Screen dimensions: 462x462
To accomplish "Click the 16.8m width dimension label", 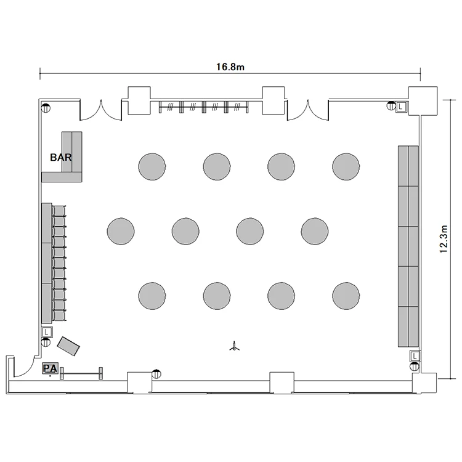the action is (x=230, y=67).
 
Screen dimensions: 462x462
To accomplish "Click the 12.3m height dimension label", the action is (x=444, y=239).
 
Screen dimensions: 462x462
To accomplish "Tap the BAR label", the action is (x=61, y=157).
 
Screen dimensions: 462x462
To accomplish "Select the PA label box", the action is (x=50, y=368).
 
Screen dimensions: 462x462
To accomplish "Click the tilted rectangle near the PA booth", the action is (x=68, y=346).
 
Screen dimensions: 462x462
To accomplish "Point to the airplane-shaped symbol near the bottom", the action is (x=235, y=346).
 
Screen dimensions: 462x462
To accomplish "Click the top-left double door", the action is (x=101, y=110).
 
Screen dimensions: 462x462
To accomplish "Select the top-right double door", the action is (x=308, y=110).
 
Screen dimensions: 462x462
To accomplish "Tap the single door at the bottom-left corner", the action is (x=23, y=367).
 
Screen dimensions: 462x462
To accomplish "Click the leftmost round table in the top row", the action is (x=152, y=166).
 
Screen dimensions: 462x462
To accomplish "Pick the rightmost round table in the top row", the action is (x=346, y=166).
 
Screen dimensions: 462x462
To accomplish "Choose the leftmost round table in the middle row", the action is (x=121, y=231).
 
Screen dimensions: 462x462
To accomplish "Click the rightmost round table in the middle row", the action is (x=315, y=231).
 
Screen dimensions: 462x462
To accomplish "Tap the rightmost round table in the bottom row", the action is (x=346, y=296).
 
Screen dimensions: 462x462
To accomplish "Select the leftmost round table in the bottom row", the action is (x=152, y=296).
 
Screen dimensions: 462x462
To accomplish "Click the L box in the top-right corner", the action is (x=402, y=107).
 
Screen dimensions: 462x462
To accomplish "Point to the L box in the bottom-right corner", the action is (x=415, y=356).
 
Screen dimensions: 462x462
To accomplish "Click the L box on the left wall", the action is (x=47, y=332).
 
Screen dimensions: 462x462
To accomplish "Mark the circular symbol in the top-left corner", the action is (x=46, y=108).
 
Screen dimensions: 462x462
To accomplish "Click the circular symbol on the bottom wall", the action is (x=156, y=374).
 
